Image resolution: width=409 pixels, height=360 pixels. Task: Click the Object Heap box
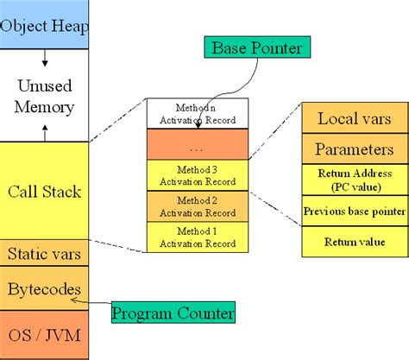[x=44, y=24]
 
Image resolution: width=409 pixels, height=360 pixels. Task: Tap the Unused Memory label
[x=44, y=97]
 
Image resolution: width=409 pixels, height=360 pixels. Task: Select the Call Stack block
[x=44, y=191]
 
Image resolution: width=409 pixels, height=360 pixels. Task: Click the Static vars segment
[x=44, y=253]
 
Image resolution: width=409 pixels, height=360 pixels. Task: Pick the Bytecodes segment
[x=44, y=288]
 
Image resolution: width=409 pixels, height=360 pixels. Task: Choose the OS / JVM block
[x=44, y=335]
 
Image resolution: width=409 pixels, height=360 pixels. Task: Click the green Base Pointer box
[x=257, y=47]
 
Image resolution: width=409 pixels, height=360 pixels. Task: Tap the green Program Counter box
[x=173, y=313]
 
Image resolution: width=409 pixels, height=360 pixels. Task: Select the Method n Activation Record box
[x=198, y=113]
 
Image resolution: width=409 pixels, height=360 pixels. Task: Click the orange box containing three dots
[x=198, y=144]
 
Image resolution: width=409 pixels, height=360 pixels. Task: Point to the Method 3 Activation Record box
[x=198, y=175]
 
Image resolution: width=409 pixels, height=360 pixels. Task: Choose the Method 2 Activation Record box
[x=198, y=206]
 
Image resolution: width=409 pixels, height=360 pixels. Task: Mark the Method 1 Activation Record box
[x=198, y=237]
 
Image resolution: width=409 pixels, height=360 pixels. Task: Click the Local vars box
[x=356, y=118]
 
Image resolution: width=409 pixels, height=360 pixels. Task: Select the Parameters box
[x=356, y=148]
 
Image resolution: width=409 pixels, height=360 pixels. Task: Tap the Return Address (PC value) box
[x=356, y=180]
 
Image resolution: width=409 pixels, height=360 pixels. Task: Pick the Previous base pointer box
[x=356, y=211]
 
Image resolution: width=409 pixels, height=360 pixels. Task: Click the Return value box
[x=356, y=242]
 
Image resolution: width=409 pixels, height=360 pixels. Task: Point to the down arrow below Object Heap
[x=45, y=58]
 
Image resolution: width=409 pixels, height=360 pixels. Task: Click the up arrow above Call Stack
[x=45, y=133]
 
